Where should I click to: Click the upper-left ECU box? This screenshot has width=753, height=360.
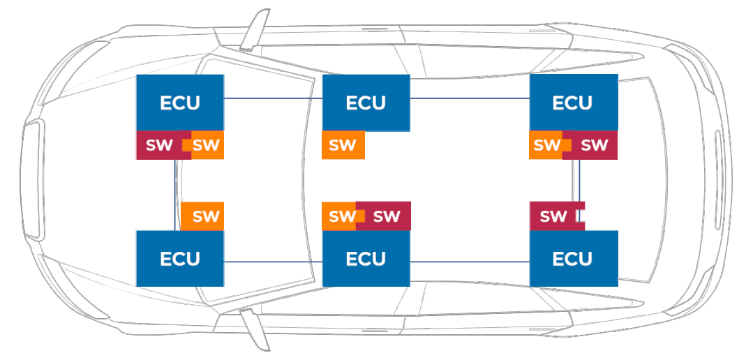(180, 103)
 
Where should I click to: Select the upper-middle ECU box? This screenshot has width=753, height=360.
(366, 103)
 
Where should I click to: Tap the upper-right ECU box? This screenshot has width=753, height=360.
(573, 103)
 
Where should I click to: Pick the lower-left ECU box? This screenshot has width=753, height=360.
(180, 258)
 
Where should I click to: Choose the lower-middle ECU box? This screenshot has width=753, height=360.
(366, 258)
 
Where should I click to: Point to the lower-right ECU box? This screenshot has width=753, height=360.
(573, 258)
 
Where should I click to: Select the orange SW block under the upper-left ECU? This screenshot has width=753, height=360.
(207, 145)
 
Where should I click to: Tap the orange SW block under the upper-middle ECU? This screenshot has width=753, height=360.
(343, 145)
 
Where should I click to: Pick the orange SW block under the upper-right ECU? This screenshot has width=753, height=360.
(546, 145)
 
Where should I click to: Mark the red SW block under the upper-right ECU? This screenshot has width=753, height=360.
(594, 145)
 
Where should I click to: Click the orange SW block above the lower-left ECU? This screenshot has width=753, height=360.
(203, 216)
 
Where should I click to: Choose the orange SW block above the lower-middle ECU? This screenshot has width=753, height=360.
(340, 216)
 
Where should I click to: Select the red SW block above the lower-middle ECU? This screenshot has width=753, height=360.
(386, 216)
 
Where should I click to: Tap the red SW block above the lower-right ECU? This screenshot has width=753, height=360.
(553, 216)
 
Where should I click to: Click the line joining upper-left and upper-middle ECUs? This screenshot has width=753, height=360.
(272, 98)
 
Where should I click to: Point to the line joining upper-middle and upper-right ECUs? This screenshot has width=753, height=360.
(469, 98)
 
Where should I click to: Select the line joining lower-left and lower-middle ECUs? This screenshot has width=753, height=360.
(272, 262)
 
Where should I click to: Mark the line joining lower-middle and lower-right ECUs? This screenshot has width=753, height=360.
(469, 262)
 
